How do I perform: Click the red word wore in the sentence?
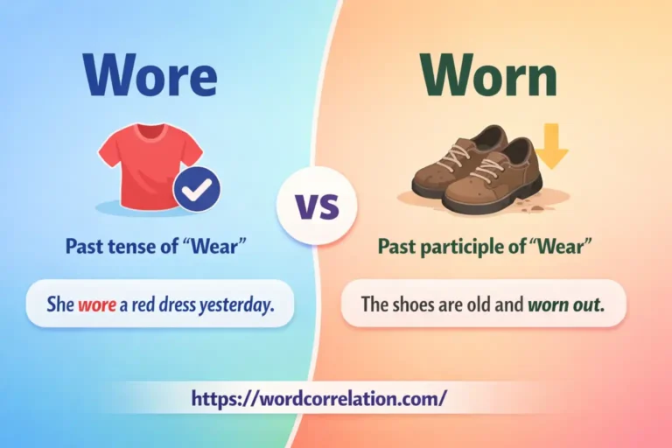(94, 305)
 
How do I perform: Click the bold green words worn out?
(565, 305)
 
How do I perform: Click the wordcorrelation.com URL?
(319, 398)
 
